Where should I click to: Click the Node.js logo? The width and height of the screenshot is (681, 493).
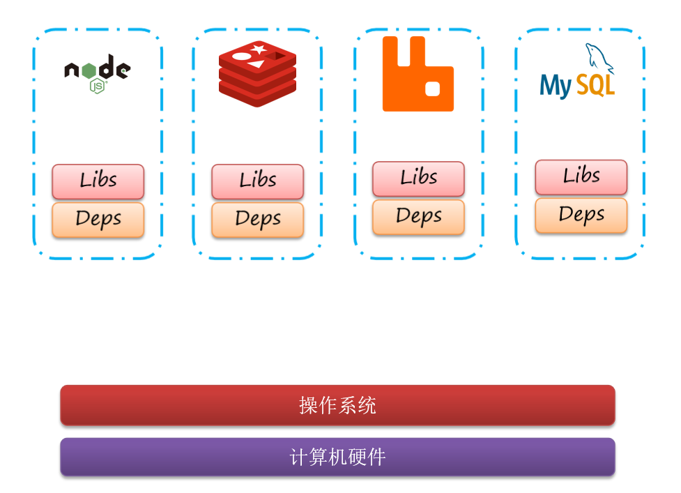point(98,73)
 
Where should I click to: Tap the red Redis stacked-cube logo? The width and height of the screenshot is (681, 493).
point(257,74)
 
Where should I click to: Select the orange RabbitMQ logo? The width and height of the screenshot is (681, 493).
point(418,74)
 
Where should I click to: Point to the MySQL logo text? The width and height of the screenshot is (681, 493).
point(577,86)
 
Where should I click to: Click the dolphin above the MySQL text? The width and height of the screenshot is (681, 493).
point(599,58)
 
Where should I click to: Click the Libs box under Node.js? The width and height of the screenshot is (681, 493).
point(98,181)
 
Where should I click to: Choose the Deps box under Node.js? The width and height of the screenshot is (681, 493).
point(98,220)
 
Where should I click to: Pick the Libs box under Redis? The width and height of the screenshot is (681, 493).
point(257,181)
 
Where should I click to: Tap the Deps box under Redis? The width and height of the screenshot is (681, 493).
point(257,220)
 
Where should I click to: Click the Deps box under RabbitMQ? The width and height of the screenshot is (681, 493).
point(419,217)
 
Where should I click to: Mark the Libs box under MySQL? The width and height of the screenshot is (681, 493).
point(581,177)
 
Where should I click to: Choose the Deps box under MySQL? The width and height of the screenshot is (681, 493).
point(581,215)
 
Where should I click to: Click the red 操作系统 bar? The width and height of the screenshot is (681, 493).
point(338,405)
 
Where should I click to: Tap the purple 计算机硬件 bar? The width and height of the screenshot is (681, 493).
point(338,457)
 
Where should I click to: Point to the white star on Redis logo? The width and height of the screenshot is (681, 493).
point(259,49)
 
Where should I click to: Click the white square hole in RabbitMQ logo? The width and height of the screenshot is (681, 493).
point(432,89)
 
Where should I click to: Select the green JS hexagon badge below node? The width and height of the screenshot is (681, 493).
point(98,86)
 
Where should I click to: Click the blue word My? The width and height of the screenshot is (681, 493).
point(556,86)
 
